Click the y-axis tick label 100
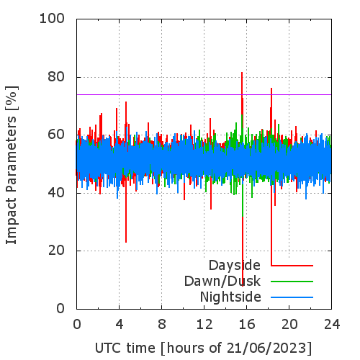point(52,19)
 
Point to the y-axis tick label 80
point(56,77)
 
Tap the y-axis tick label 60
point(56,135)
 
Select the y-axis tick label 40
point(56,192)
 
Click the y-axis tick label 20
point(56,251)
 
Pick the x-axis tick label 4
point(120,324)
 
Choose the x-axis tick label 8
point(162,324)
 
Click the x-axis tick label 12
point(204,324)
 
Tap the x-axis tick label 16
point(247,324)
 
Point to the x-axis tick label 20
point(289,324)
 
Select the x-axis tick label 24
point(332,324)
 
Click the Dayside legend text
point(235,266)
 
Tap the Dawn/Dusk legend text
point(222,281)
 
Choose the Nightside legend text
point(230,297)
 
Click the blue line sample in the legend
point(292,297)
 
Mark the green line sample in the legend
point(292,282)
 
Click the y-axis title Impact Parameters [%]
point(12,165)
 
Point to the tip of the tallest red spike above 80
point(242,72)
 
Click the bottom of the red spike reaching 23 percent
point(126,242)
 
